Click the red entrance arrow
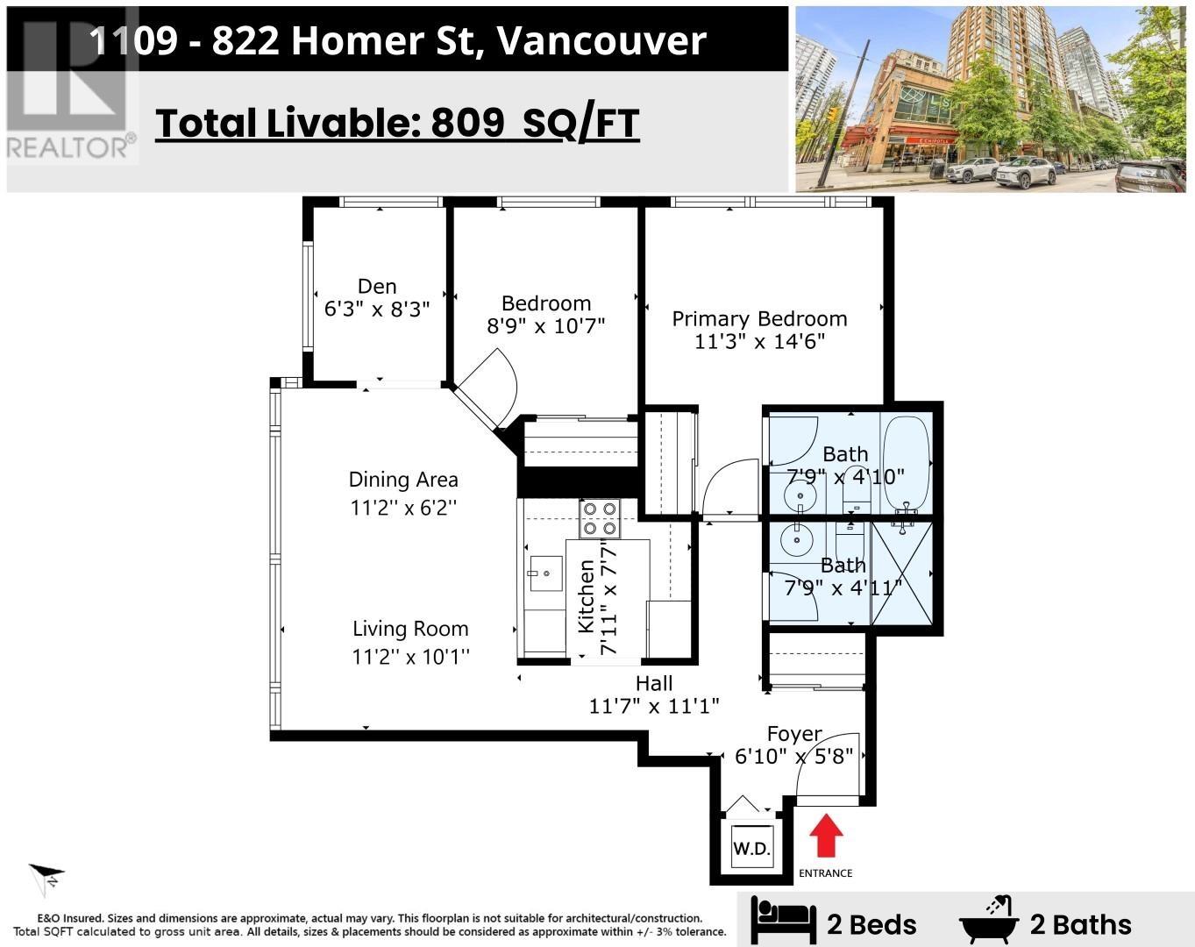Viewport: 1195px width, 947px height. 826,835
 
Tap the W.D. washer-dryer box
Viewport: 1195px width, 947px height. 752,848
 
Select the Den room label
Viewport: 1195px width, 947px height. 377,287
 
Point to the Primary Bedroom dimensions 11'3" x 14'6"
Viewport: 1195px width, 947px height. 759,342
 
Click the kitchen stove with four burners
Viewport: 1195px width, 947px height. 600,518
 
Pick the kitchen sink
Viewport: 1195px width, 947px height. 546,573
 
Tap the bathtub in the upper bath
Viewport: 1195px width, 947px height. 906,463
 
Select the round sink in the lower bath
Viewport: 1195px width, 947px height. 796,538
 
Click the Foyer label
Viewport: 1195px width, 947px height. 794,734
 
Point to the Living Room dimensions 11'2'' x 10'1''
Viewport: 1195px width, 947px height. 410,657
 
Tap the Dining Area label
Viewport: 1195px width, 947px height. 403,480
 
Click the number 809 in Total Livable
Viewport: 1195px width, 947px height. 467,123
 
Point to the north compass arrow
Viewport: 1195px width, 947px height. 47,880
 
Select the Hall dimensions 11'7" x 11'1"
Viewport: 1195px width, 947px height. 654,707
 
